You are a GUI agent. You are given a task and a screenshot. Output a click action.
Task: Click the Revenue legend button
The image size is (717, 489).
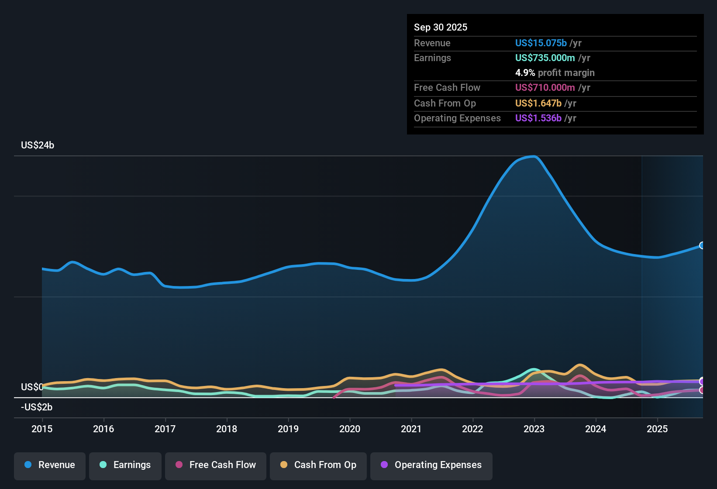pos(50,465)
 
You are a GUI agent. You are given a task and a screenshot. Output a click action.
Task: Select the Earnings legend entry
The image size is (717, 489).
pos(125,465)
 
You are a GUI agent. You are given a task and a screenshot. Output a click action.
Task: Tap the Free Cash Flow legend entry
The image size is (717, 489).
pos(216,465)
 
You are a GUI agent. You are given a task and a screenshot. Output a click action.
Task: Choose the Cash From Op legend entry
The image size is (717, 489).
pos(318,465)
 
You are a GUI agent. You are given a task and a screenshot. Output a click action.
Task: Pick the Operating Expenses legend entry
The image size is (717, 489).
pos(431,465)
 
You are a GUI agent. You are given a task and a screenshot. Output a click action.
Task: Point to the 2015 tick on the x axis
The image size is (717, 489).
pos(42,429)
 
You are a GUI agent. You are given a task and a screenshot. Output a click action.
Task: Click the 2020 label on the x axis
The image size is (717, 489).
pos(350,429)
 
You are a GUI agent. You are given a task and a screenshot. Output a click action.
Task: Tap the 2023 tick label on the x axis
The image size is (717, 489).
pos(534,429)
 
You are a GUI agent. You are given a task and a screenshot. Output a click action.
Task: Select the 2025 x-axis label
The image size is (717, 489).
pos(657,429)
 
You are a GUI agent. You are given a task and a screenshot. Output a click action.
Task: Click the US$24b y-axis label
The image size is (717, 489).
pos(38,145)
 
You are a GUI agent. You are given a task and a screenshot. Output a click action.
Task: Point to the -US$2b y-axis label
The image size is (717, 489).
pos(37,407)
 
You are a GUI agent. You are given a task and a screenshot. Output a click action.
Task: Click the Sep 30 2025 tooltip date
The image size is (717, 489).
pos(441,27)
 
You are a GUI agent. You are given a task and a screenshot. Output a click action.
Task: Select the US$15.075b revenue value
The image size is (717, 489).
pos(541,43)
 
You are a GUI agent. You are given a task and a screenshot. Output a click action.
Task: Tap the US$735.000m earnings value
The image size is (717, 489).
pos(545,58)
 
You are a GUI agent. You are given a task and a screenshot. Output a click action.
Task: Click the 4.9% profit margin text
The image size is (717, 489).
pos(555,72)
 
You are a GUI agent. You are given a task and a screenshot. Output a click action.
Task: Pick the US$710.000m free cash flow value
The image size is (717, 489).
pos(545,87)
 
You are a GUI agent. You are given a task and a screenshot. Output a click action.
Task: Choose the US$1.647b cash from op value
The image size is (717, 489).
pos(538,103)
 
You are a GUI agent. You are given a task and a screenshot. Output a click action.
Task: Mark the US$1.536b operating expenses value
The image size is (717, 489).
pos(538,118)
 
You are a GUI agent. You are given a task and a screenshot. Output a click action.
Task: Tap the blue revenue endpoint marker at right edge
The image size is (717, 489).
pos(702,245)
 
